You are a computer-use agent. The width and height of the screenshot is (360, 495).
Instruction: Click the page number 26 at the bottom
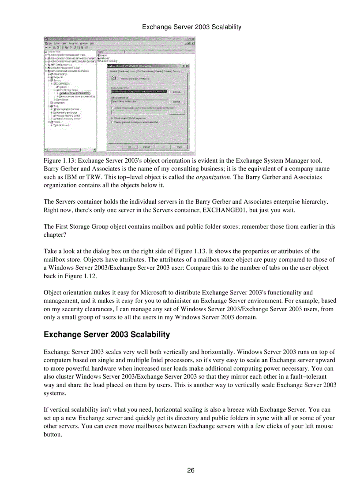pos(191,470)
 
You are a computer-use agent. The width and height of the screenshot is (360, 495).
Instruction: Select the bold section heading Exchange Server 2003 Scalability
pos(106,335)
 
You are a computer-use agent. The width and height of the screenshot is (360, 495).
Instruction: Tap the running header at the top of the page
pos(191,27)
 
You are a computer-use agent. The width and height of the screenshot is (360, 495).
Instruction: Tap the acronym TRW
pos(88,177)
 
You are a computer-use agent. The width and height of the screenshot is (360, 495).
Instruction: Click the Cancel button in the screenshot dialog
pos(146,146)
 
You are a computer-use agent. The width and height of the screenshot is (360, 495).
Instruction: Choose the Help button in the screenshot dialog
pos(180,146)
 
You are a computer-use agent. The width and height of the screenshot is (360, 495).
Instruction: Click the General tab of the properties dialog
pos(113,71)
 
